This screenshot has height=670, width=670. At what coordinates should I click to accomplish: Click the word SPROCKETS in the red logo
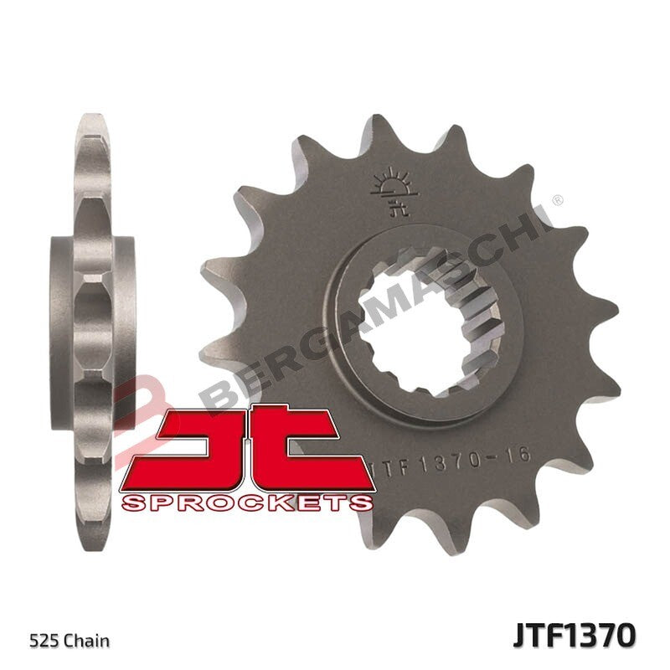click(247, 502)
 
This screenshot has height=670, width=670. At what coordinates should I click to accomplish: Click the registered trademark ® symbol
click(557, 201)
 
